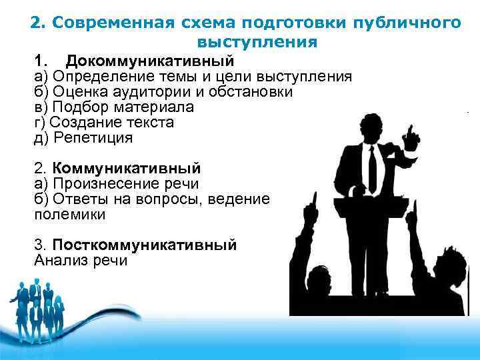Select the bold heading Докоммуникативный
[150, 61]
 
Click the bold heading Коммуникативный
[126, 168]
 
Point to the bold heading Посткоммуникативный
[144, 245]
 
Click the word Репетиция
[93, 138]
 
